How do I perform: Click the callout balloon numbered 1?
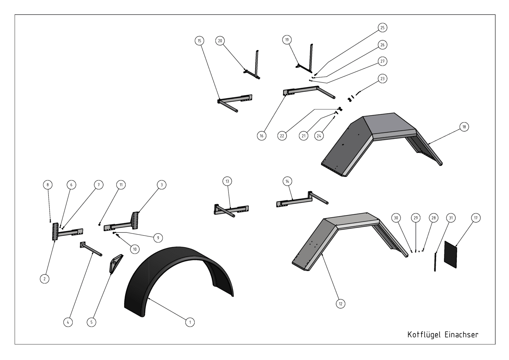[190, 322]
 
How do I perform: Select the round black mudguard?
[146, 273]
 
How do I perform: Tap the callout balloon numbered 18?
[464, 127]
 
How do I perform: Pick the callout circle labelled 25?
[382, 28]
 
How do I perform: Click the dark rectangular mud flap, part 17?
[450, 254]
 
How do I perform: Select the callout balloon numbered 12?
[340, 304]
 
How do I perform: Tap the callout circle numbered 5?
[91, 322]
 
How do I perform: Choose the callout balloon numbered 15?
[199, 41]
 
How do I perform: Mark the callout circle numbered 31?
[451, 218]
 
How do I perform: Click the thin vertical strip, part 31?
[435, 262]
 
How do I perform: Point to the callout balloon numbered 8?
[48, 185]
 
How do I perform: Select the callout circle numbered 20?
[220, 41]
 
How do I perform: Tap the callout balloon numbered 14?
[287, 181]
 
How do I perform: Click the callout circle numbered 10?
[135, 249]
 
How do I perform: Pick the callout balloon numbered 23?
[382, 78]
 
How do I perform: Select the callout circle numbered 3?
[162, 185]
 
